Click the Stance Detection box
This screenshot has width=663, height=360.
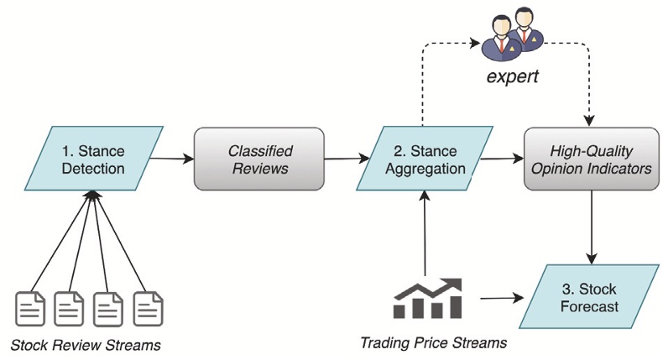click(93, 159)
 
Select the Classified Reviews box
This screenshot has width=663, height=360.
click(259, 159)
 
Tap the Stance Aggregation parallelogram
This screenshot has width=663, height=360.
click(425, 159)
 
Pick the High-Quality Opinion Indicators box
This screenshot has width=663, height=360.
click(591, 159)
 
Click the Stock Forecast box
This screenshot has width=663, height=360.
click(589, 296)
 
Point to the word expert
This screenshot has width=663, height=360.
click(513, 77)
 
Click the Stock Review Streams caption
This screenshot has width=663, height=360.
click(86, 345)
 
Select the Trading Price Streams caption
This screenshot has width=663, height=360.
click(433, 342)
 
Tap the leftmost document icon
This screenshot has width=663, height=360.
click(30, 309)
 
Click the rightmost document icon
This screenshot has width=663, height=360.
click(148, 309)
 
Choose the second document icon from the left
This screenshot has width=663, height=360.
click(69, 309)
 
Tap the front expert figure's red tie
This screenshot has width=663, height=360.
click(502, 44)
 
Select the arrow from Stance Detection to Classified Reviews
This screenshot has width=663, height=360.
click(172, 159)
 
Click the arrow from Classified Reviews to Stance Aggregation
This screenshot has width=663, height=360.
click(347, 159)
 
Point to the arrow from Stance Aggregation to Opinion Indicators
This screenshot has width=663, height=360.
click(503, 159)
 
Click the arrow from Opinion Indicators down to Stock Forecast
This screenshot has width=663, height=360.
click(592, 227)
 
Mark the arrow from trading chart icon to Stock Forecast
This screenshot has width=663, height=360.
click(503, 298)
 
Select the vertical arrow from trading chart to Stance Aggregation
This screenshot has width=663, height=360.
click(425, 233)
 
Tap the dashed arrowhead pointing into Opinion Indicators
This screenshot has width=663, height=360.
click(589, 121)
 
